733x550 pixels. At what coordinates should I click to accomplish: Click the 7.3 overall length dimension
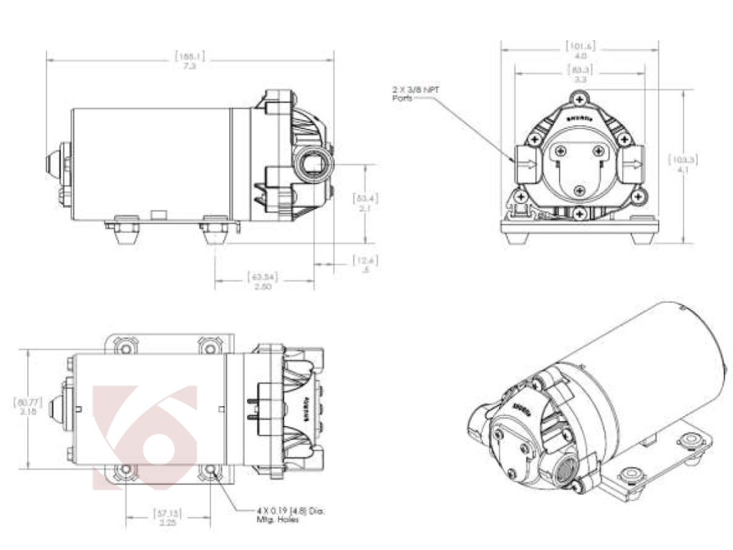[x=190, y=65]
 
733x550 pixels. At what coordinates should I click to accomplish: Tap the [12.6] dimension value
[x=365, y=261]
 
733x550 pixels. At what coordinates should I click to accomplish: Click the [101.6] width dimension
[x=580, y=46]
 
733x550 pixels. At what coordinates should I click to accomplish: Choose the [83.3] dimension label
[x=581, y=69]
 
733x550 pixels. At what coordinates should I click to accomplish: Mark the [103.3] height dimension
[x=684, y=159]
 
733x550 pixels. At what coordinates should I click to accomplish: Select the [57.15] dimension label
[x=168, y=513]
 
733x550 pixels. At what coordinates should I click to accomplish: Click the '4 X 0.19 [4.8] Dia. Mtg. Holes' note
[x=290, y=514]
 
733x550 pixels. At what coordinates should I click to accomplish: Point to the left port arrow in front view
[x=525, y=164]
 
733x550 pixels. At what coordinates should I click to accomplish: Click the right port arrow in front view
[x=634, y=164]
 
